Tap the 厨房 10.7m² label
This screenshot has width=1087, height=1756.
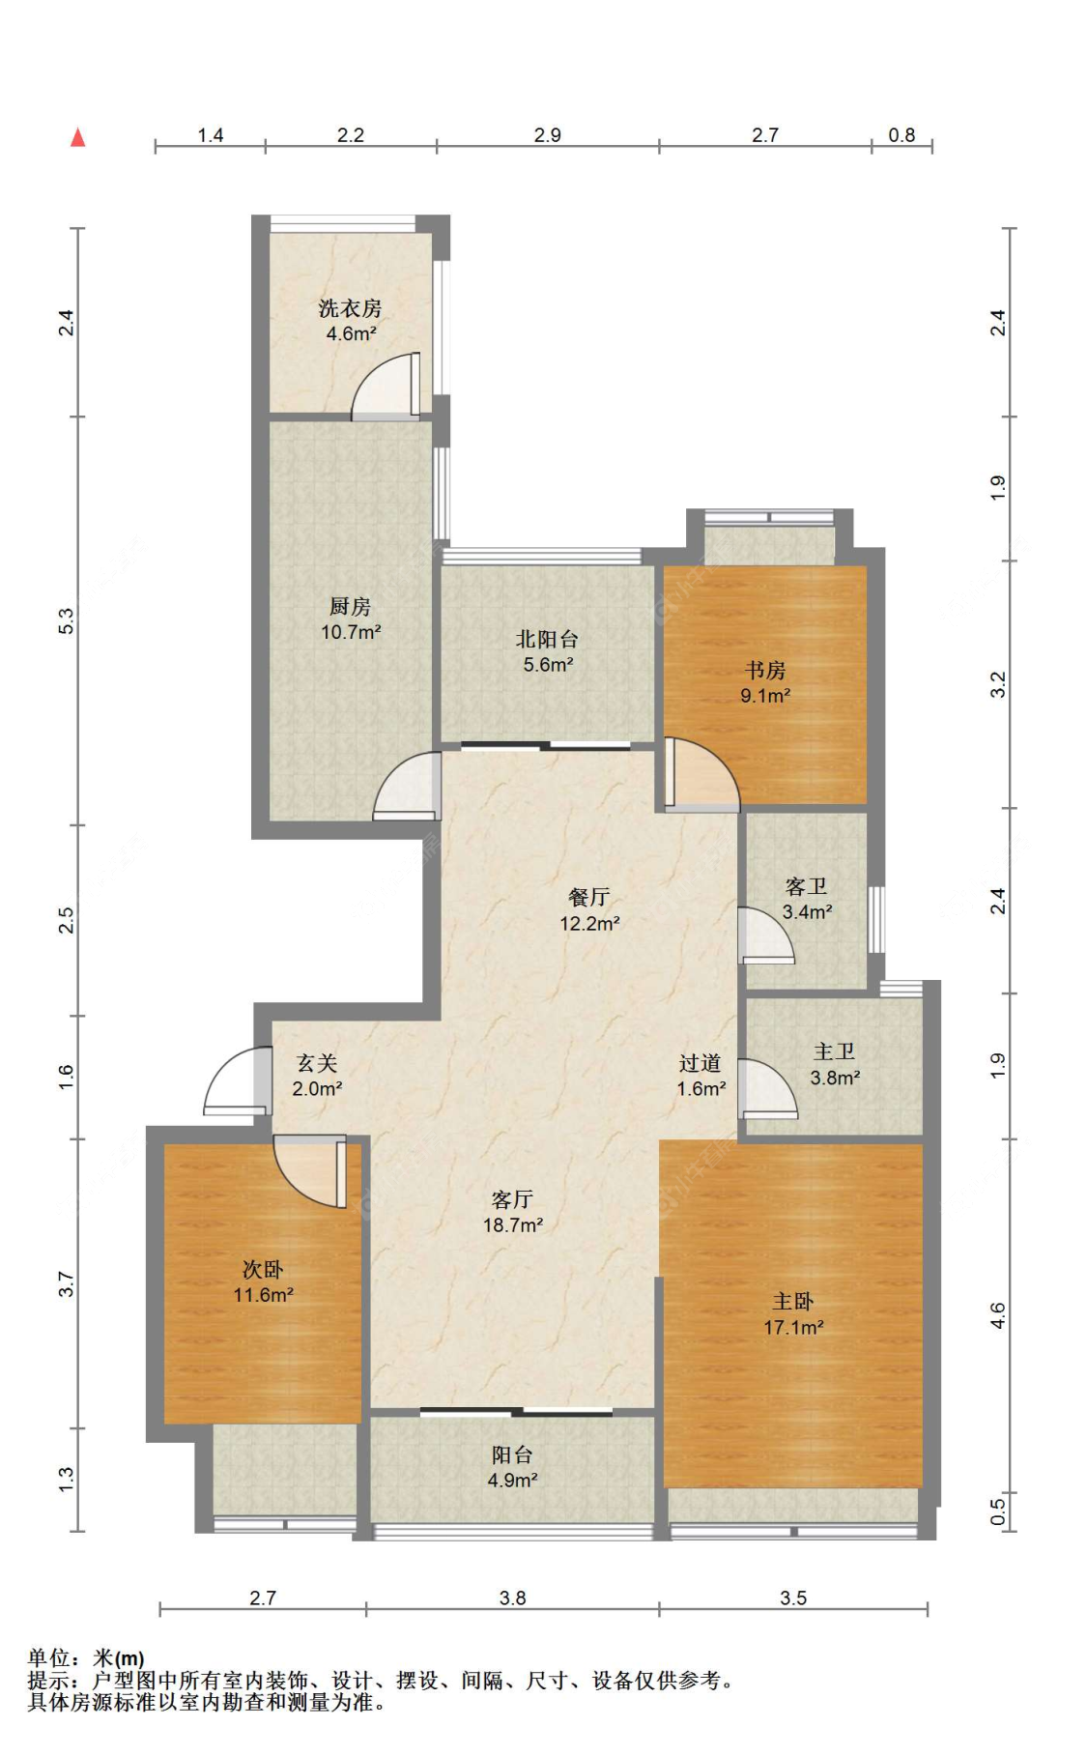click(x=350, y=619)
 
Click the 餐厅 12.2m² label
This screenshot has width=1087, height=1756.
click(x=589, y=910)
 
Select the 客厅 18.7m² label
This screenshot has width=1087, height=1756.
click(x=513, y=1212)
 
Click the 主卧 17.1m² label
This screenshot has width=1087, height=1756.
click(x=793, y=1314)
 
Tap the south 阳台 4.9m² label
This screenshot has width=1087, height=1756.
click(x=512, y=1467)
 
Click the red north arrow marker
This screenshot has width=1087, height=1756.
click(x=78, y=138)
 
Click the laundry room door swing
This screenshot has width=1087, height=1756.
click(x=386, y=386)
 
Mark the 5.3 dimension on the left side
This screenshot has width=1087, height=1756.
click(x=66, y=620)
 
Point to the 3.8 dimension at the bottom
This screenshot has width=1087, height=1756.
click(x=512, y=1598)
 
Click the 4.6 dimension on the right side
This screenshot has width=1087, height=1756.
click(x=998, y=1315)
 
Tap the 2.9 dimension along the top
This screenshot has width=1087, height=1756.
click(x=548, y=134)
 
